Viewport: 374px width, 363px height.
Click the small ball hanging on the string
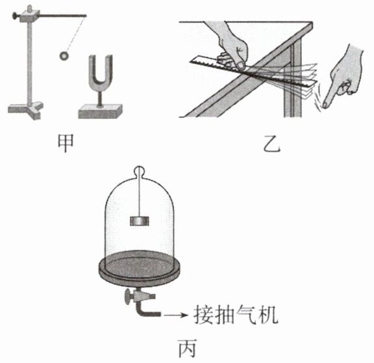[64, 56]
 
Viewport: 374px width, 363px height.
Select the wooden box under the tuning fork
[100, 112]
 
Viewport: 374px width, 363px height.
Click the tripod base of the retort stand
[26, 110]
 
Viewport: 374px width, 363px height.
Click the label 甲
[66, 142]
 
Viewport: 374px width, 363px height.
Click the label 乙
[271, 144]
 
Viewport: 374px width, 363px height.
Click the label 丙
[188, 348]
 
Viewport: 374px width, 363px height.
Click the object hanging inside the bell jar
[140, 221]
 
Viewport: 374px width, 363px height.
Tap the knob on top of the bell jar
[140, 171]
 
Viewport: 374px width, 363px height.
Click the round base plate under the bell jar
[140, 268]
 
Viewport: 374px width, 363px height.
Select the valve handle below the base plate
[128, 297]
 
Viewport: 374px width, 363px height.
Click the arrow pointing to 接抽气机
[176, 315]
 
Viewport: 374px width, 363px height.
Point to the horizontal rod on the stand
[62, 16]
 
